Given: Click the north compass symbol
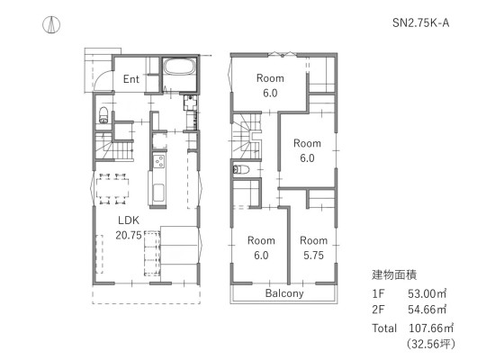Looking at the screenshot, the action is (x=51, y=24).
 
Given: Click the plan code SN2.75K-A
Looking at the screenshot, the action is (x=420, y=22).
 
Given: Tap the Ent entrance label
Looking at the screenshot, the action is (x=130, y=79).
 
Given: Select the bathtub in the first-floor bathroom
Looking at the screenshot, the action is (x=179, y=67).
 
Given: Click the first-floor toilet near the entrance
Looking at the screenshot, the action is (x=103, y=115).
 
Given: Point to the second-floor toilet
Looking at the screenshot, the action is (x=241, y=169).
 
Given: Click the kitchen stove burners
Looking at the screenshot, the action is (x=159, y=161).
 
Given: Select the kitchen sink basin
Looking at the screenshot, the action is (x=159, y=193).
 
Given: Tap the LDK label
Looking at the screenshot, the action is (x=129, y=220).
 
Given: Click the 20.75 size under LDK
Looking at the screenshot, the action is (x=129, y=235).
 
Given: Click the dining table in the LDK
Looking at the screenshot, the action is (x=112, y=188).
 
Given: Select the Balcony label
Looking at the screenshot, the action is (x=284, y=293).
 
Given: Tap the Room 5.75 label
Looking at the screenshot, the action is (x=313, y=247).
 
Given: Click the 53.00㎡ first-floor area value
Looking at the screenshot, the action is (x=427, y=293).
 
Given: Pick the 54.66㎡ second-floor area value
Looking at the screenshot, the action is (x=427, y=310).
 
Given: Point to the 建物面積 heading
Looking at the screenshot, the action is (x=394, y=274).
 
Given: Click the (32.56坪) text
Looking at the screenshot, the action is (x=431, y=344).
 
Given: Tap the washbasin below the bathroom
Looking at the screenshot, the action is (x=190, y=103).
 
